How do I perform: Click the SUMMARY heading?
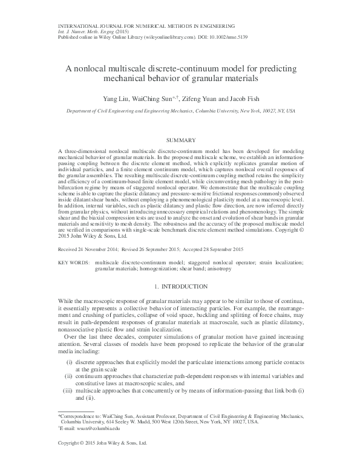point(180,140)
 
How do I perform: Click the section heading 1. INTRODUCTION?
point(180,285)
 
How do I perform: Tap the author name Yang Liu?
point(116,97)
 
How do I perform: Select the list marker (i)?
point(70,361)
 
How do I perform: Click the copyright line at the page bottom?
point(102,461)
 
